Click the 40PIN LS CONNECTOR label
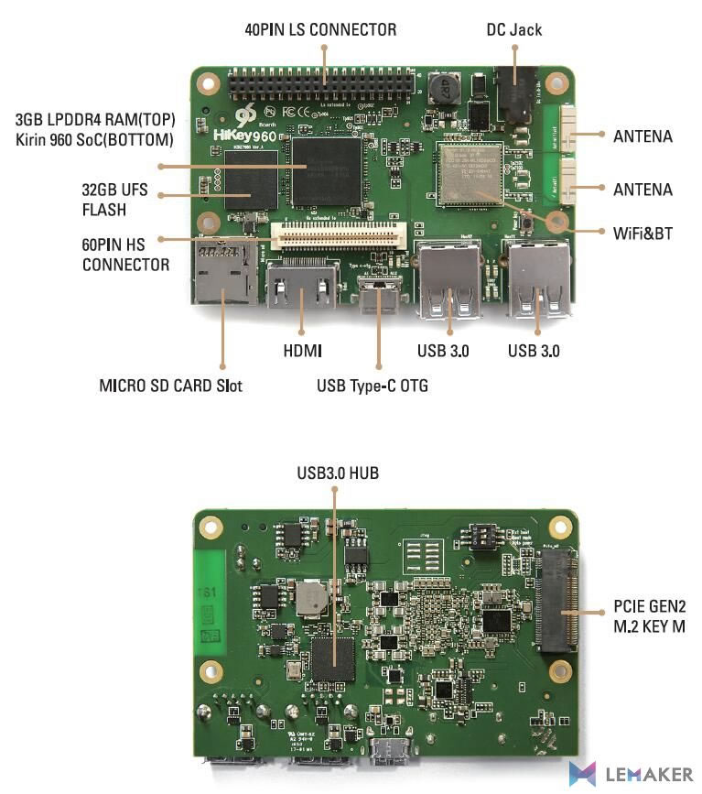[320, 29]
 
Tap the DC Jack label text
[513, 29]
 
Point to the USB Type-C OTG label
[373, 386]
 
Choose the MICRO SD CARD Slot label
[170, 386]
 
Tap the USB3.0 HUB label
[337, 473]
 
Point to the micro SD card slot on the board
[223, 271]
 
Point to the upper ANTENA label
[642, 136]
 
